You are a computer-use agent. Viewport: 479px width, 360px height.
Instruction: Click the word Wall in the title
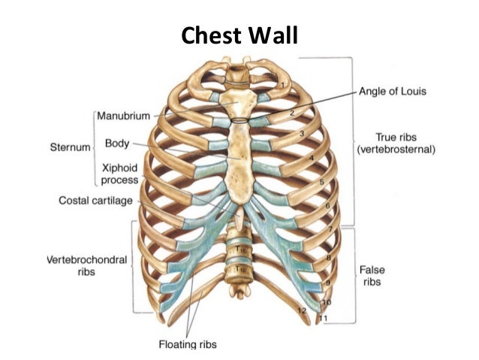274,35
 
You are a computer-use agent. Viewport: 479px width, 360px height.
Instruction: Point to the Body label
118,142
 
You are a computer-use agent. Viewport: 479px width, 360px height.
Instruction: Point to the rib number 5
321,182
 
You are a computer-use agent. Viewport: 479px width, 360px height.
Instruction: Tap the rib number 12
302,309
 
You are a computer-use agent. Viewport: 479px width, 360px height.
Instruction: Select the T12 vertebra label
240,267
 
